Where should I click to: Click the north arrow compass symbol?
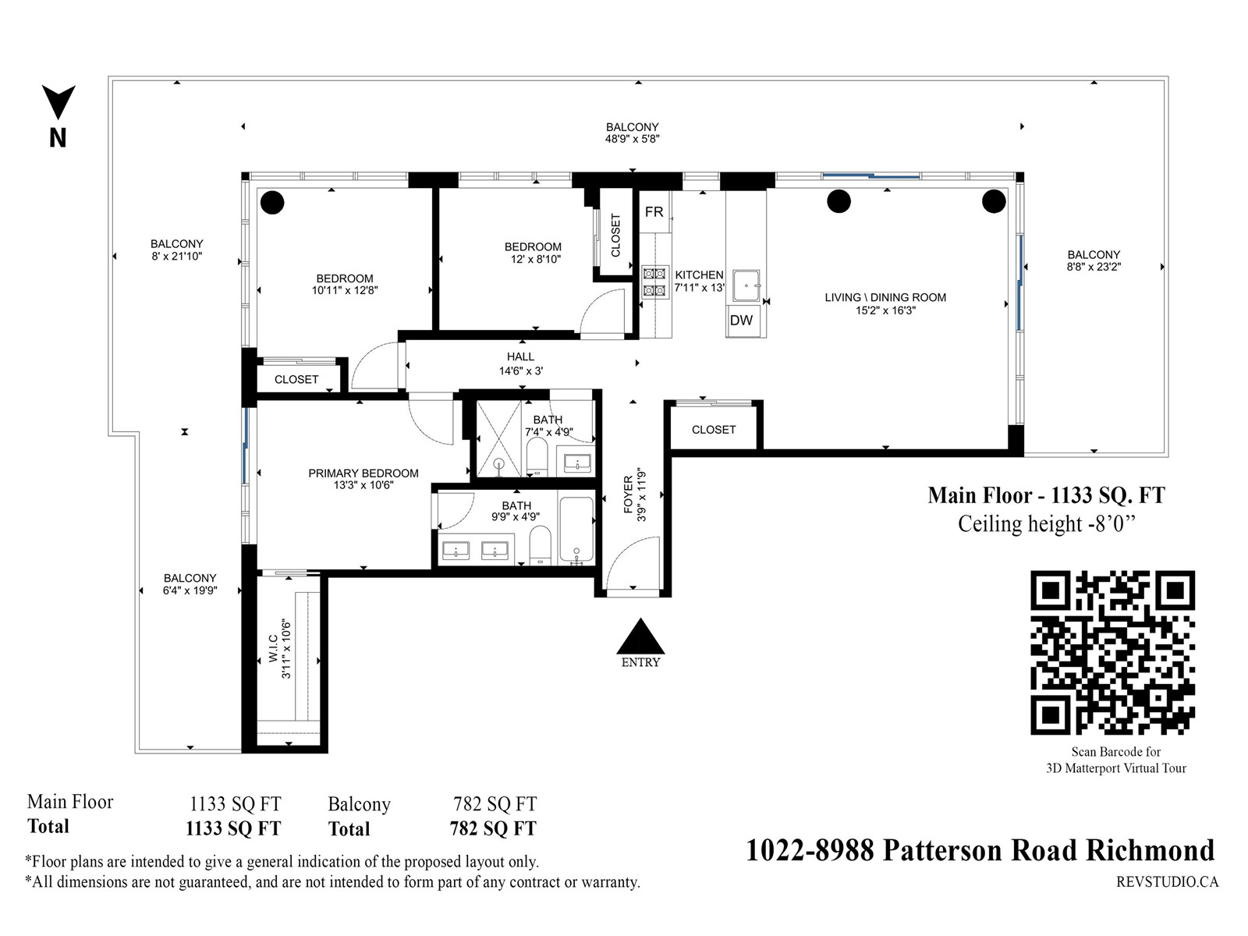pyautogui.click(x=58, y=116)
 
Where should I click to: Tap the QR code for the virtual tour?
pyautogui.click(x=1112, y=652)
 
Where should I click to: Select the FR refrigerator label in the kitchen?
pyautogui.click(x=654, y=212)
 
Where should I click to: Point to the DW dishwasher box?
pyautogui.click(x=742, y=321)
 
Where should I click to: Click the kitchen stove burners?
pyautogui.click(x=654, y=282)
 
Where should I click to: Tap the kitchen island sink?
pyautogui.click(x=746, y=285)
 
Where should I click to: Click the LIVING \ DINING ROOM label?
pyautogui.click(x=885, y=298)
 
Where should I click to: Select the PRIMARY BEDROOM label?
pyautogui.click(x=363, y=473)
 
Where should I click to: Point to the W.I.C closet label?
pyautogui.click(x=273, y=648)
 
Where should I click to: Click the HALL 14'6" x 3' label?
pyautogui.click(x=521, y=363)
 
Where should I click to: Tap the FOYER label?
pyautogui.click(x=628, y=495)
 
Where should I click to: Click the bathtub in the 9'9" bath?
pyautogui.click(x=576, y=530)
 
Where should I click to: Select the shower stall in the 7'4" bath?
pyautogui.click(x=498, y=438)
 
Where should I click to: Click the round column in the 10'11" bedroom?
pyautogui.click(x=272, y=202)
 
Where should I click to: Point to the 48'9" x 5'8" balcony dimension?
pyautogui.click(x=633, y=140)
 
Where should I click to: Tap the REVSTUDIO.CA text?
pyautogui.click(x=1167, y=881)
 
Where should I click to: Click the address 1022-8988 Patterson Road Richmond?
pyautogui.click(x=980, y=851)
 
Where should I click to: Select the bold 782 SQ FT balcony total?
pyautogui.click(x=493, y=828)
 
